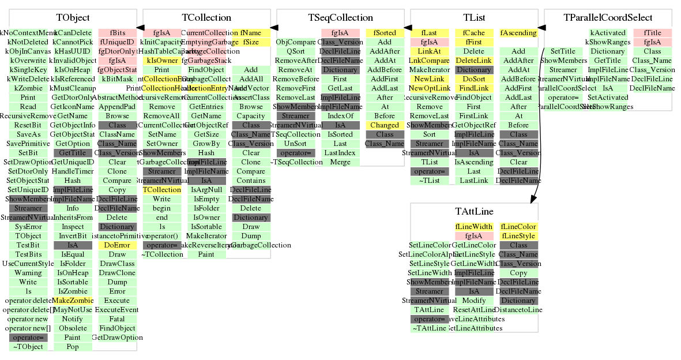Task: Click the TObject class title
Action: pyautogui.click(x=73, y=18)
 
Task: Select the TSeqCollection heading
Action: pyautogui.click(x=340, y=18)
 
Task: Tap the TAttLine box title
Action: pyautogui.click(x=474, y=212)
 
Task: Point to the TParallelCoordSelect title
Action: pyautogui.click(x=608, y=18)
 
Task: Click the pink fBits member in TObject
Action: pyautogui.click(x=117, y=33)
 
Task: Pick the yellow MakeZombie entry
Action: pyautogui.click(x=73, y=301)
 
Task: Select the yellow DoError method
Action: pyautogui.click(x=117, y=245)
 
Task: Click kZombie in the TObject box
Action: pyautogui.click(x=28, y=88)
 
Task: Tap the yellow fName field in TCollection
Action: pyautogui.click(x=251, y=33)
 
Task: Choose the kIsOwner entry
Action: pyautogui.click(x=162, y=61)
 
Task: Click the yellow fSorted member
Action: pyautogui.click(x=385, y=33)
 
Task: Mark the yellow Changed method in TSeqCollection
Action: pyautogui.click(x=385, y=125)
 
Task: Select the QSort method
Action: pyautogui.click(x=296, y=51)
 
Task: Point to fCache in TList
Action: pyautogui.click(x=474, y=33)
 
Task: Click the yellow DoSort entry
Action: pyautogui.click(x=474, y=79)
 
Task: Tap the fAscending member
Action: pyautogui.click(x=518, y=33)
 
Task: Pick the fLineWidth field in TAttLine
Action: pyautogui.click(x=474, y=227)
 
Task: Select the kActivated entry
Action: pyautogui.click(x=608, y=33)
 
